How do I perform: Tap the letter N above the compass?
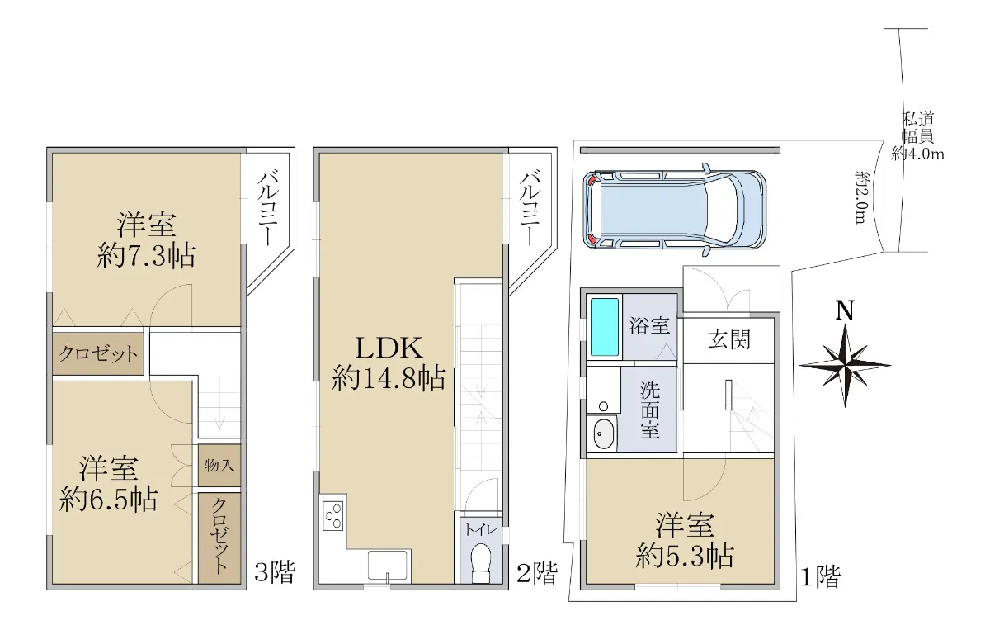click(x=845, y=310)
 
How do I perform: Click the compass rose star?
click(x=845, y=366)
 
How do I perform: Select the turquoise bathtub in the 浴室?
click(x=605, y=327)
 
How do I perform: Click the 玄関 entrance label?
click(x=729, y=340)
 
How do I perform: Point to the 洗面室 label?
click(x=650, y=410)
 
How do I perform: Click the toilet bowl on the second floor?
click(x=481, y=563)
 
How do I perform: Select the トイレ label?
click(x=481, y=529)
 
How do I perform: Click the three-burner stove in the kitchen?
click(x=332, y=515)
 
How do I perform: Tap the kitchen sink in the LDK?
click(x=388, y=566)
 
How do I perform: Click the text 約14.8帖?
click(x=389, y=377)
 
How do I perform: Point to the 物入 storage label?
click(x=219, y=466)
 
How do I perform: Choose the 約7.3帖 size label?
click(x=146, y=255)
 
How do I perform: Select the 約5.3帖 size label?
click(x=685, y=555)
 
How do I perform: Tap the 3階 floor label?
click(x=275, y=572)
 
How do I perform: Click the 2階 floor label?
click(x=537, y=572)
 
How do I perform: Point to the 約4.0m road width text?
click(x=917, y=154)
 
